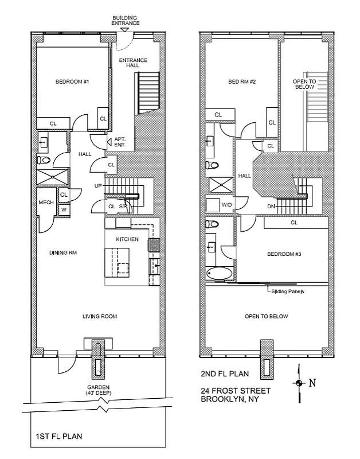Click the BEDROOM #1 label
pyautogui.click(x=72, y=81)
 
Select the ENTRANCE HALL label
pyautogui.click(x=133, y=64)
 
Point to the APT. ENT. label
pyautogui.click(x=120, y=143)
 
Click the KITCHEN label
pyautogui.click(x=127, y=238)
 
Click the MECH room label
pyautogui.click(x=46, y=203)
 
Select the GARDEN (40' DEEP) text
pyautogui.click(x=99, y=390)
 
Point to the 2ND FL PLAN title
pyautogui.click(x=224, y=374)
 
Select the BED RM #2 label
pyautogui.click(x=241, y=81)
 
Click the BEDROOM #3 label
pyautogui.click(x=285, y=254)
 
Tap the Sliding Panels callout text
pyautogui.click(x=287, y=291)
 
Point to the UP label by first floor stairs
pyautogui.click(x=98, y=185)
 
